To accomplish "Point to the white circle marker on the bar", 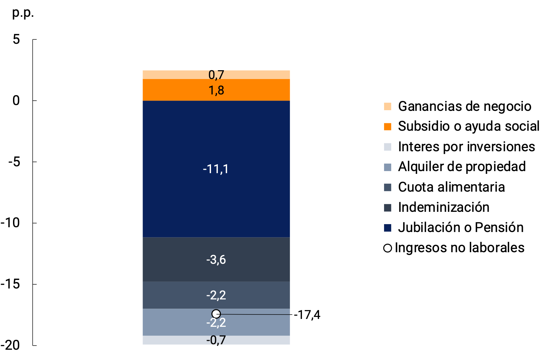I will pyautogui.click(x=216, y=314).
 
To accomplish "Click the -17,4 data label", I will pyautogui.click(x=307, y=315).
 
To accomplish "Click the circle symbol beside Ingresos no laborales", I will pyautogui.click(x=387, y=248).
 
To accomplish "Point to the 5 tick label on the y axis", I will pyautogui.click(x=16, y=40).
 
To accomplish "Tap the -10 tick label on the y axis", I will pyautogui.click(x=11, y=223).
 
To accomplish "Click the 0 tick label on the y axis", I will pyautogui.click(x=16, y=101).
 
